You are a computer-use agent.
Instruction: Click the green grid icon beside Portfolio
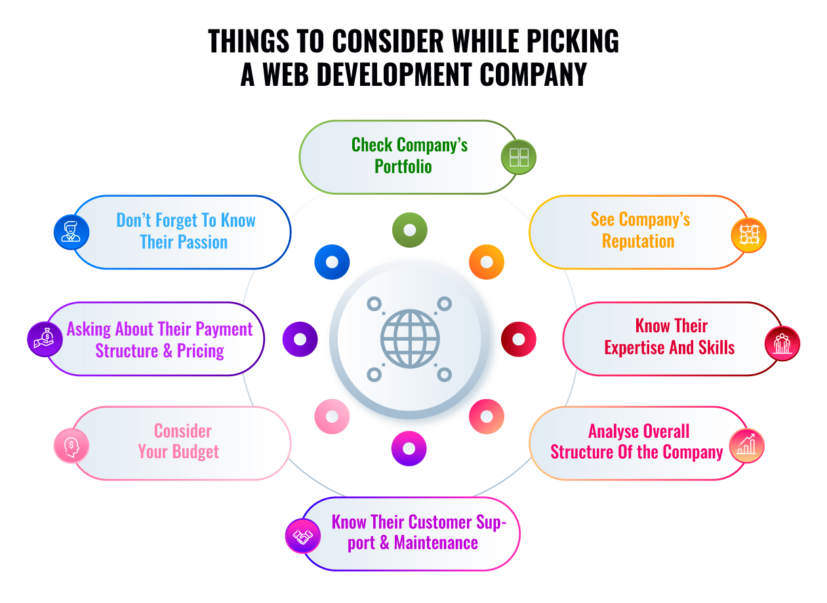(x=519, y=157)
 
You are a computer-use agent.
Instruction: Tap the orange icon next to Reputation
(x=748, y=235)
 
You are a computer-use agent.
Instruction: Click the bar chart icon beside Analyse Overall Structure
(x=746, y=446)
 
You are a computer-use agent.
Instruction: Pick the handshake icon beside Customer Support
(x=302, y=536)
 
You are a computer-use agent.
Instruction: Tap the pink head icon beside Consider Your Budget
(x=71, y=446)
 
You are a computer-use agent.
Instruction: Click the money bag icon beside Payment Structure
(x=45, y=339)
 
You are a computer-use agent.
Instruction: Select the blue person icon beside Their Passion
(x=71, y=232)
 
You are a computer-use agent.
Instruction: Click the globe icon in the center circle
(x=410, y=339)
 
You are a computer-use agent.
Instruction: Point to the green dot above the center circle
(x=410, y=230)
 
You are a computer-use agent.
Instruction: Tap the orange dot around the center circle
(x=487, y=262)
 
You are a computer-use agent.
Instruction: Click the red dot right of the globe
(x=519, y=340)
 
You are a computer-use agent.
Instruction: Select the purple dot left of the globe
(x=300, y=340)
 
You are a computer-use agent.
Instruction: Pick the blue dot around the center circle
(x=332, y=262)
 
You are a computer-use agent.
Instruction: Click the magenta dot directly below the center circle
(x=409, y=448)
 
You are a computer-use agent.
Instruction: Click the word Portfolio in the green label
(x=403, y=166)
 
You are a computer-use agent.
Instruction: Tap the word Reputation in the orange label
(x=638, y=241)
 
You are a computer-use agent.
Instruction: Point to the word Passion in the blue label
(x=202, y=242)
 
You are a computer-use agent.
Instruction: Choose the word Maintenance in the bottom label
(x=435, y=543)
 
